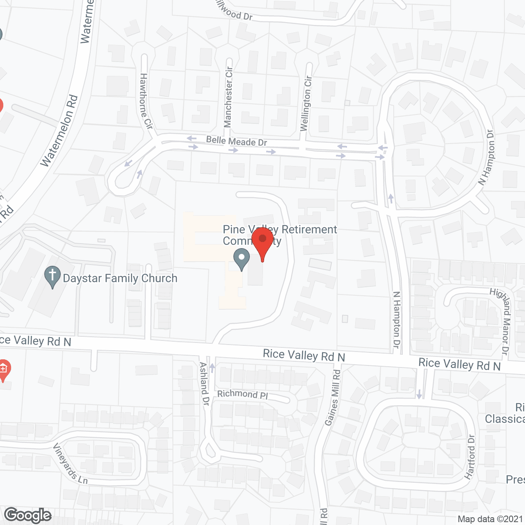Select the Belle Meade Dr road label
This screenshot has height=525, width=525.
coord(236,141)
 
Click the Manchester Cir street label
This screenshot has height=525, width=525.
coord(228,97)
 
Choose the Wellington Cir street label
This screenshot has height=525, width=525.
coord(306,103)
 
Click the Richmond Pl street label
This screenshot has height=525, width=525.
coord(242,394)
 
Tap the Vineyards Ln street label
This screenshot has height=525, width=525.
coord(70,463)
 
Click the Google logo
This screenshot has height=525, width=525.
coord(28,515)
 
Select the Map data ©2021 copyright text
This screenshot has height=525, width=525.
coord(490,519)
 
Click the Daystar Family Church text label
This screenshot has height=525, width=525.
coord(120,278)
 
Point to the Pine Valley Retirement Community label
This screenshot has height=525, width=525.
coord(280,235)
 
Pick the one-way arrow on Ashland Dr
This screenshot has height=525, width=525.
coord(212,366)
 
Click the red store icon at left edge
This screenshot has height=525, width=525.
coord(3,369)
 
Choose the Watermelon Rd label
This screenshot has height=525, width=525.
coord(60,130)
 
